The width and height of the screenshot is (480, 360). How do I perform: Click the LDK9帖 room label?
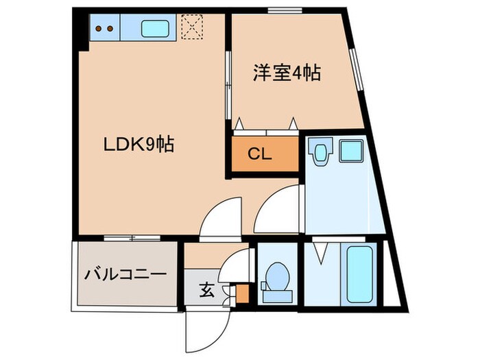click(x=138, y=145)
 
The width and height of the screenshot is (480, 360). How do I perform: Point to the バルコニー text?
click(x=125, y=274)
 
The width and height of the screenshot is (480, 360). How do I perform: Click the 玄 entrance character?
click(x=206, y=289)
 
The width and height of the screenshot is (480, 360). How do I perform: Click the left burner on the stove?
click(x=99, y=29)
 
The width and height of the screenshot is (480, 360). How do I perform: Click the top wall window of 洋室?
click(x=281, y=10)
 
